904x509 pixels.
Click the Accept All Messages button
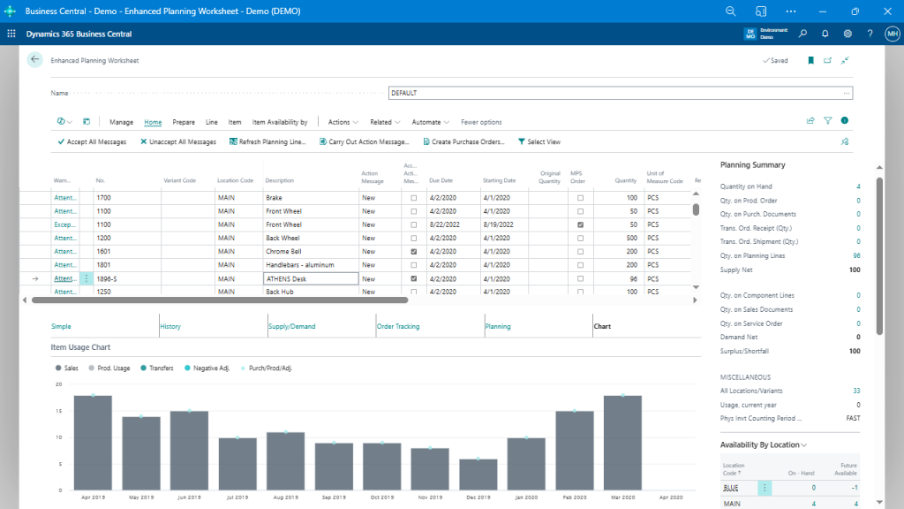point(92,141)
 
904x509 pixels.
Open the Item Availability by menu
point(280,122)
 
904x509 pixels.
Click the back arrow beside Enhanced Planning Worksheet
point(34,60)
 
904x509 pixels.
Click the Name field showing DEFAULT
point(618,93)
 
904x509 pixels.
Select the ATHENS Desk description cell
point(310,278)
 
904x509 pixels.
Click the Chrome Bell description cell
point(310,251)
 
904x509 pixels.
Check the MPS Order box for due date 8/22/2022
point(580,224)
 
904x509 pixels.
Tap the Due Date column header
point(441,180)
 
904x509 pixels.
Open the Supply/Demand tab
point(291,326)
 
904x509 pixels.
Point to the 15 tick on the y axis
point(58,411)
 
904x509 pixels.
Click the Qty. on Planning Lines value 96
point(856,255)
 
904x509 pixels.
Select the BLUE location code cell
point(733,487)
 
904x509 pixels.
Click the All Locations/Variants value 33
point(856,390)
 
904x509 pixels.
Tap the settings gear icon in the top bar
point(847,34)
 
